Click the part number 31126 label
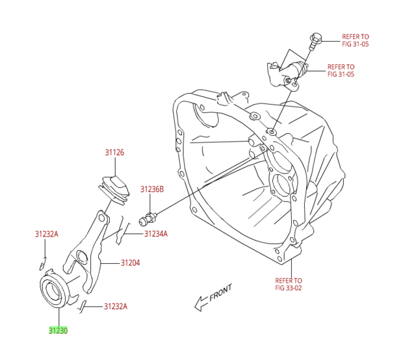114,153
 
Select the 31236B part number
152,189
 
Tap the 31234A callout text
155,234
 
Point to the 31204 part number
130,263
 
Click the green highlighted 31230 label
58,330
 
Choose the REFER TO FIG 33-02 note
289,284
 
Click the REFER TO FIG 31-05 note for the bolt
356,40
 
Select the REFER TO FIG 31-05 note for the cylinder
341,70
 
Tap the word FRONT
220,292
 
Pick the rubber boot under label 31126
114,188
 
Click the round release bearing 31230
56,291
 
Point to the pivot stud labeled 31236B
148,217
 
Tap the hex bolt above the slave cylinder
317,40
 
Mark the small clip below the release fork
83,306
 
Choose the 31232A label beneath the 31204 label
116,306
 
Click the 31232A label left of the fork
47,234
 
